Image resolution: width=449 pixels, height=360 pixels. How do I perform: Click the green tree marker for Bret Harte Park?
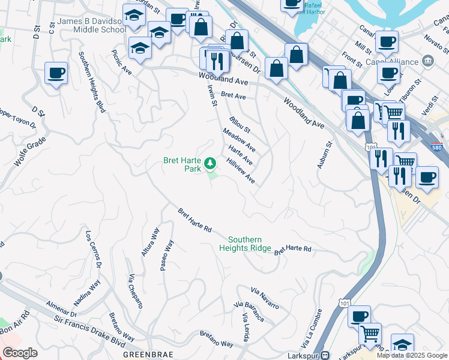pyautogui.click(x=210, y=163)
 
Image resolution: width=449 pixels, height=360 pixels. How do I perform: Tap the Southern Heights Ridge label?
pyautogui.click(x=245, y=244)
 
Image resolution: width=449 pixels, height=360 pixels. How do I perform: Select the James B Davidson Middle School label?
pyautogui.click(x=92, y=25)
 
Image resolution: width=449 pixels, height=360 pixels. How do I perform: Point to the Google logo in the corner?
pyautogui.click(x=20, y=353)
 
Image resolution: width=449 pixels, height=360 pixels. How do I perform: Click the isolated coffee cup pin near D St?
pyautogui.click(x=56, y=74)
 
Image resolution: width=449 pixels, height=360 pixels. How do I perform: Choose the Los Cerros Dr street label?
pyautogui.click(x=93, y=248)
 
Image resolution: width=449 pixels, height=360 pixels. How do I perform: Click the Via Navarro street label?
pyautogui.click(x=265, y=299)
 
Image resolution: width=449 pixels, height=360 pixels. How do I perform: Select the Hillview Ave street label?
pyautogui.click(x=241, y=171)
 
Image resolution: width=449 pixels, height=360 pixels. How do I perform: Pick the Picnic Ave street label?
pyautogui.click(x=122, y=62)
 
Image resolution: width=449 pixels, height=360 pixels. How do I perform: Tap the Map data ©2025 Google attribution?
pyautogui.click(x=412, y=355)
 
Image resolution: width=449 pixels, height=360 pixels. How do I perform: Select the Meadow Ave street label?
pyautogui.click(x=239, y=140)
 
